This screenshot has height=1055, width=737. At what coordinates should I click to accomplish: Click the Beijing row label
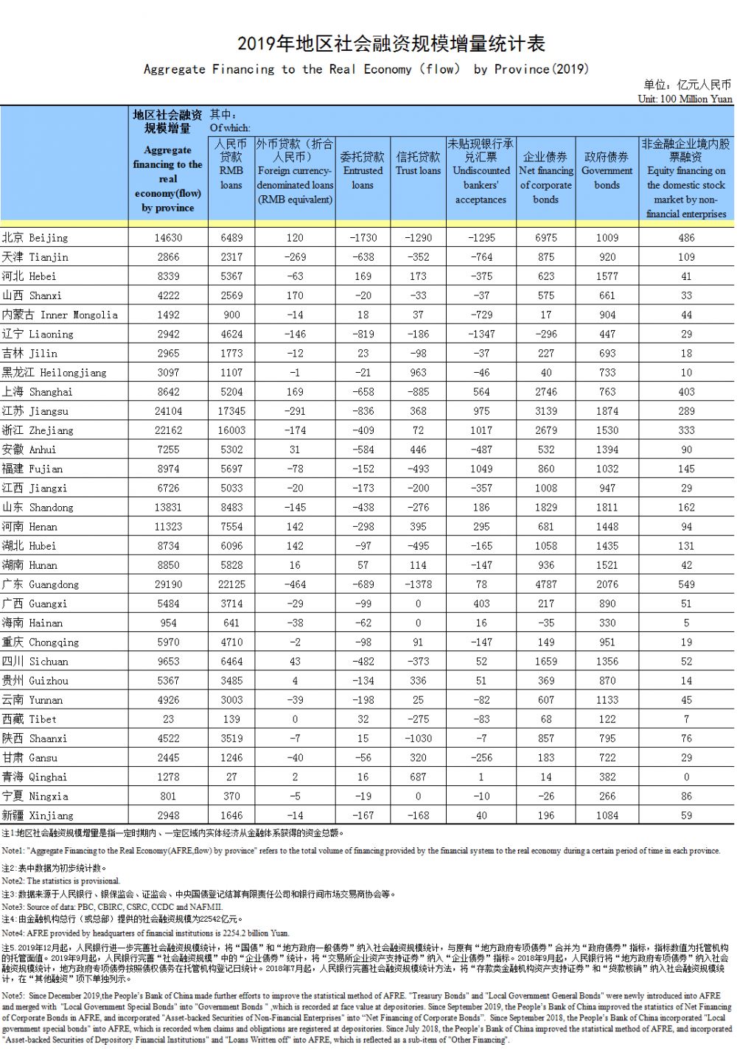[x=35, y=238]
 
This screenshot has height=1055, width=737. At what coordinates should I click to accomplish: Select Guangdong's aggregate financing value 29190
[x=168, y=584]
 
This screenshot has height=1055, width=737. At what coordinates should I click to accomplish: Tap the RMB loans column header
[x=231, y=164]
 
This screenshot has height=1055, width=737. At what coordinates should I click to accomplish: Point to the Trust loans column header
[x=418, y=164]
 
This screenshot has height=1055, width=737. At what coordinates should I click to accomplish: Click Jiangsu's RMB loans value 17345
[x=231, y=411]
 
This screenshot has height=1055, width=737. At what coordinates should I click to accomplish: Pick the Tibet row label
[x=29, y=719]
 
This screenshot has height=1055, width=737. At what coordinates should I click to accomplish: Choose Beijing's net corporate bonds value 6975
[x=546, y=238]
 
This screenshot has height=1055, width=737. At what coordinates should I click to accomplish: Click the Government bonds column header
[x=607, y=170]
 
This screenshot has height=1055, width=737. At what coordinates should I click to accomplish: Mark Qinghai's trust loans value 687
[x=418, y=777]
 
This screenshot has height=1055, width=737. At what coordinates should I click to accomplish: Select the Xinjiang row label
[x=38, y=816]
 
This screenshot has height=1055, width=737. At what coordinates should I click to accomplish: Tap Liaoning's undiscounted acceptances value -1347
[x=481, y=334]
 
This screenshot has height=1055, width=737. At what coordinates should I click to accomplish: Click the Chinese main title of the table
[x=391, y=44]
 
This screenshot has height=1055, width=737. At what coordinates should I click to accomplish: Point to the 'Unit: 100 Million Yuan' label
[x=685, y=99]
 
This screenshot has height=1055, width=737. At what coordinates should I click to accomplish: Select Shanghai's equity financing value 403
[x=686, y=392]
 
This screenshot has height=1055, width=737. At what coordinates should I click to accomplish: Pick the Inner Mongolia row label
[x=60, y=315]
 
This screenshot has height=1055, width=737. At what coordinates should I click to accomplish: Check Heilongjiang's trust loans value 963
[x=418, y=373]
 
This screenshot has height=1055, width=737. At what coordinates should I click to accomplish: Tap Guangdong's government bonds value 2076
[x=607, y=584]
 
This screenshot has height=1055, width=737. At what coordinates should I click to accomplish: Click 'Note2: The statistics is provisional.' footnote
[x=60, y=880]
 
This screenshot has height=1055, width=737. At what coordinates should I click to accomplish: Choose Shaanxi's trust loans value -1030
[x=418, y=738]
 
